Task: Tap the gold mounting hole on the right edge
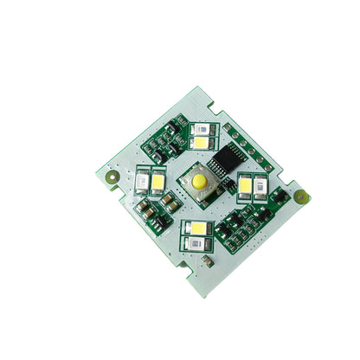pos(301,196)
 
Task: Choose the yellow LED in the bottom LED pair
pos(197,228)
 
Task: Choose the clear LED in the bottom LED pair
pos(196,242)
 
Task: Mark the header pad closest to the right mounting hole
pos(269,167)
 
